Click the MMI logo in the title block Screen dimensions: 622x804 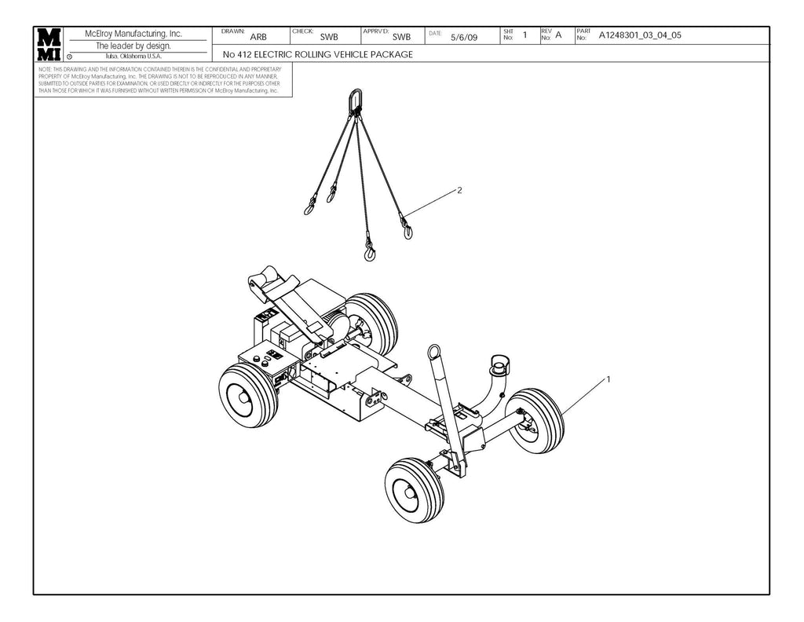[49, 45]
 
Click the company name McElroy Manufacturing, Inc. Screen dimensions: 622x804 [138, 34]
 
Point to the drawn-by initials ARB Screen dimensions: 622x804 [258, 37]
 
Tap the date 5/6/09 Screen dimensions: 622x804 [464, 37]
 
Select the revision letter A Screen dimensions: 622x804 [558, 35]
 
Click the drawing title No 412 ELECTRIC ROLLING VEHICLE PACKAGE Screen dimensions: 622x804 [318, 55]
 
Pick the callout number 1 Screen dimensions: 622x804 [608, 379]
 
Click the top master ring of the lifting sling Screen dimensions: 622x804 [356, 101]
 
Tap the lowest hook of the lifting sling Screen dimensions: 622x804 [370, 253]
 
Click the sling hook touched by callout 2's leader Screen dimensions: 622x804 [407, 229]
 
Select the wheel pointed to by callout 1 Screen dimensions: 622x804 [534, 420]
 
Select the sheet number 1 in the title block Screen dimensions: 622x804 [524, 35]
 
